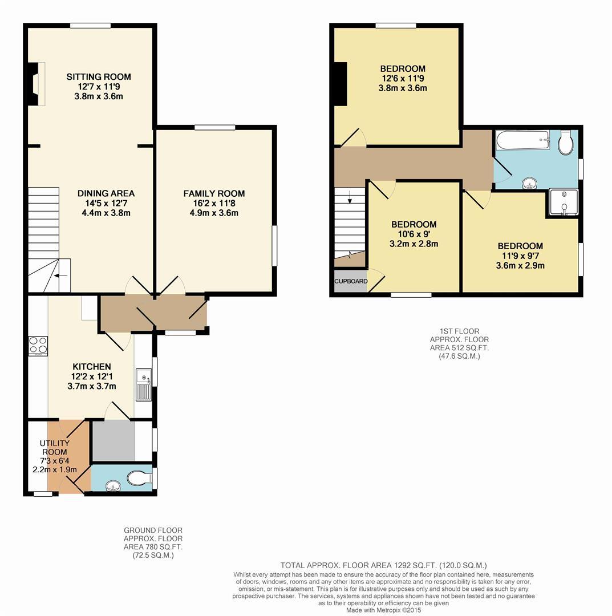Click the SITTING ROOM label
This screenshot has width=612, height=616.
(99, 77)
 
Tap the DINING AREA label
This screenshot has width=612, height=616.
(106, 193)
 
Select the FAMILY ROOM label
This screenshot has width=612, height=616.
(214, 193)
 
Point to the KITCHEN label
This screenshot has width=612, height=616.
(91, 366)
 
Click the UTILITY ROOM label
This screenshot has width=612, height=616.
(55, 448)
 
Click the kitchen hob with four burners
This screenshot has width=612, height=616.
(38, 345)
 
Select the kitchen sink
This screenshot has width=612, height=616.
(143, 384)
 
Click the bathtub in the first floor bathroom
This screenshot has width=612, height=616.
(522, 140)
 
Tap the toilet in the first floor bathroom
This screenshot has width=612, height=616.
(566, 143)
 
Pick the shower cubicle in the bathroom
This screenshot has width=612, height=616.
(564, 203)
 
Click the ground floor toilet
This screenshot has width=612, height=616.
(139, 478)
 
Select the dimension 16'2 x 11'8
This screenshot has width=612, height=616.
(214, 204)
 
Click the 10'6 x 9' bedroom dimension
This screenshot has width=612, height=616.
(414, 234)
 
